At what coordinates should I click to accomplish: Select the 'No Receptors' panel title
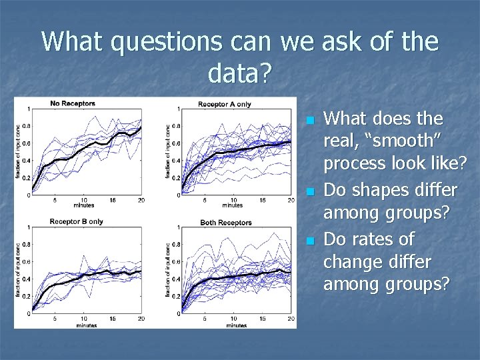point(73,103)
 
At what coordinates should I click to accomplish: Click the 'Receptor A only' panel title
point(224,103)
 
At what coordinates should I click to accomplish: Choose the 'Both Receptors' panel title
point(225,222)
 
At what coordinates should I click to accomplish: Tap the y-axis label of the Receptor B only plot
point(18,270)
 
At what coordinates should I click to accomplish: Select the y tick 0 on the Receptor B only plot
point(27,313)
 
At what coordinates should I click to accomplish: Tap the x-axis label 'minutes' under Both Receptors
point(236,325)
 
